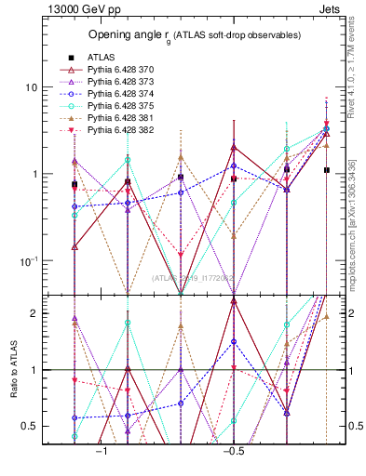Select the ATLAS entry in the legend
tap(102, 57)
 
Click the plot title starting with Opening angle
tap(194, 35)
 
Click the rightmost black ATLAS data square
tap(326, 170)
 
